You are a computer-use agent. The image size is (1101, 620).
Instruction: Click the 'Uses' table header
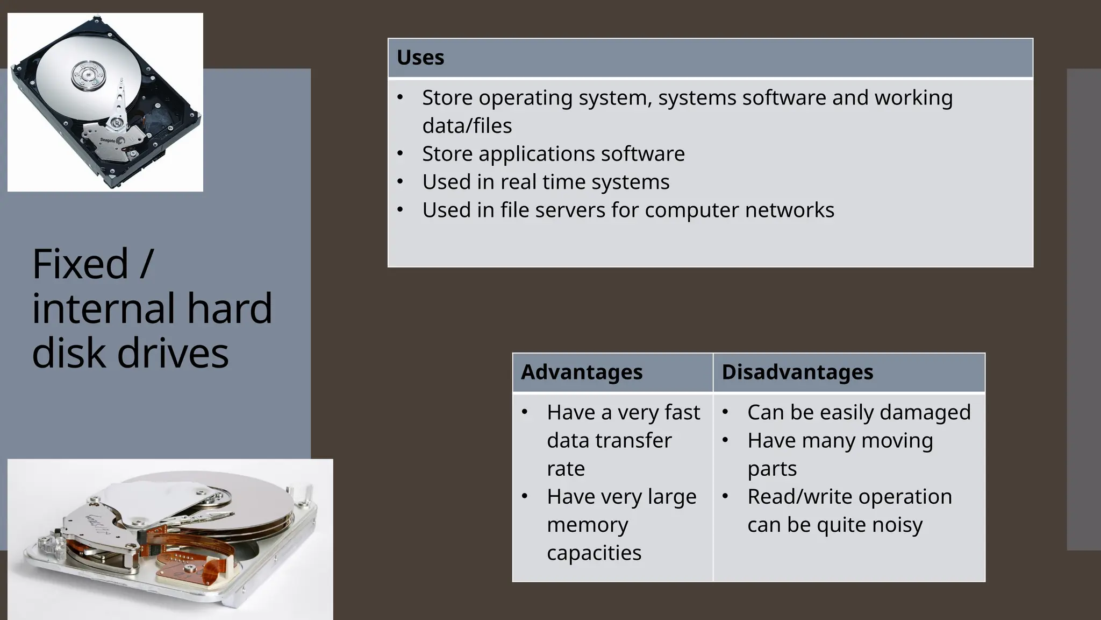tap(420, 58)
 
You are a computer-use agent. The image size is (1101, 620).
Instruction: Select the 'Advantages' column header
tap(582, 372)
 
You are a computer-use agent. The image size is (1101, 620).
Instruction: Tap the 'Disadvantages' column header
tap(797, 372)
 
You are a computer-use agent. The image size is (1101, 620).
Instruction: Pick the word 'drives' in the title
tap(173, 353)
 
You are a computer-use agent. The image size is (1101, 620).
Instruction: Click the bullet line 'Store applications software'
tap(553, 154)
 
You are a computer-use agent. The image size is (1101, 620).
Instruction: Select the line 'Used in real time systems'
tap(546, 182)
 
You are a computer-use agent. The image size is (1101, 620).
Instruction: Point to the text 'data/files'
tap(467, 126)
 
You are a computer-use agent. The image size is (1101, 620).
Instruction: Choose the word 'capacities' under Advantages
tap(594, 553)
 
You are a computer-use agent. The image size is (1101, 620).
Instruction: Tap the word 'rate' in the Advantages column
tap(566, 469)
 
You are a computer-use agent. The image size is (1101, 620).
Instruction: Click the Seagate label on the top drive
tap(108, 140)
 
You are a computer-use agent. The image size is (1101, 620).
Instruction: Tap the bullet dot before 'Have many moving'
tap(725, 441)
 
